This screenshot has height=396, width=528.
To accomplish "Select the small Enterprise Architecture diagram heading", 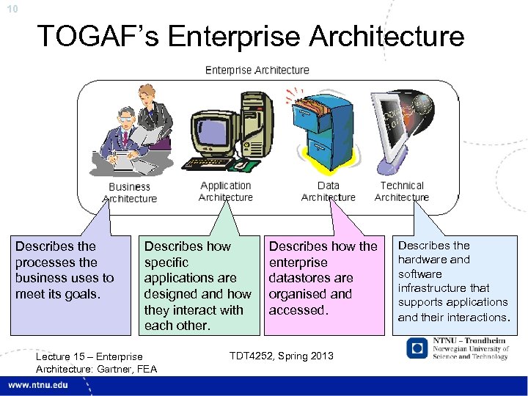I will click(257, 70).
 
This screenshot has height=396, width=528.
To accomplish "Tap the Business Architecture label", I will click(129, 193).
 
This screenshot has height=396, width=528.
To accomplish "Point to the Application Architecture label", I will click(225, 191).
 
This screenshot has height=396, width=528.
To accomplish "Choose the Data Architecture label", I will click(328, 191).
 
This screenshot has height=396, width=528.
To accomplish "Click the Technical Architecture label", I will click(401, 191).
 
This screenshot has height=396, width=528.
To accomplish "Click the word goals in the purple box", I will click(83, 294).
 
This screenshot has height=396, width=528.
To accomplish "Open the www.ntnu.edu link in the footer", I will click(40, 386).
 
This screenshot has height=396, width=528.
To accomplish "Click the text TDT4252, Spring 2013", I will click(281, 356).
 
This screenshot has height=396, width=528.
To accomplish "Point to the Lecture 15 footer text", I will click(89, 357).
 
